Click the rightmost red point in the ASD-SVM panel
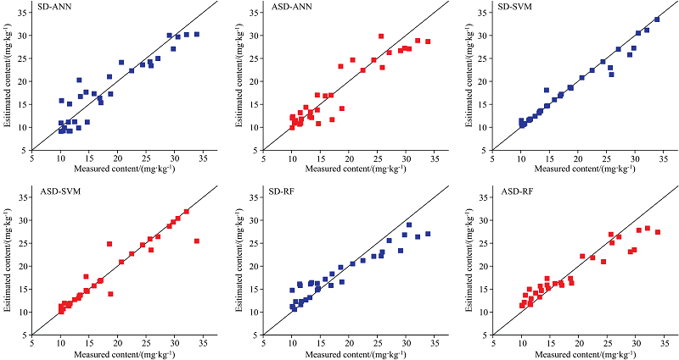(197, 241)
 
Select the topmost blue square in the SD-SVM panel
(657, 19)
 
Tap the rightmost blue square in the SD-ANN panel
(197, 35)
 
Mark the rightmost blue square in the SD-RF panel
(428, 234)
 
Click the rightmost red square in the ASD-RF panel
(658, 232)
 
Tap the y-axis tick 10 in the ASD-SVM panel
(24, 309)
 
